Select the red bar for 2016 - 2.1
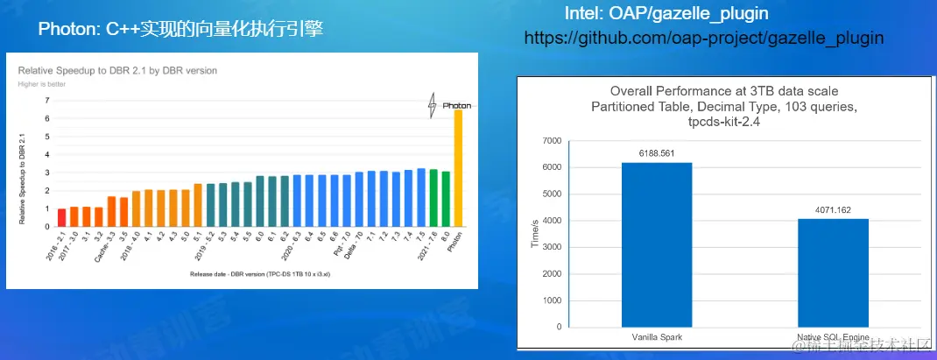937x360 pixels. [x=61, y=217]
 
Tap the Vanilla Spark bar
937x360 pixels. [x=657, y=244]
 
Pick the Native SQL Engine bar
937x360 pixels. [x=833, y=272]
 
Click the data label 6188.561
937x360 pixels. [x=657, y=153]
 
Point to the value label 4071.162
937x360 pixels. [x=833, y=210]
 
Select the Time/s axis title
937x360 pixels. [x=535, y=234]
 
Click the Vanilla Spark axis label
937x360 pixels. [x=657, y=336]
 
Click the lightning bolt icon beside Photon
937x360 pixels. [x=431, y=105]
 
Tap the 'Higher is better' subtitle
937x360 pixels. [x=42, y=84]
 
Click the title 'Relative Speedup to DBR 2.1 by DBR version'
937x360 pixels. [x=117, y=70]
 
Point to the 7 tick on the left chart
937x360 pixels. [x=46, y=100]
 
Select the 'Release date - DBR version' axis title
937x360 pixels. [x=264, y=274]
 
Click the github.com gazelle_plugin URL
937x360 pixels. [x=703, y=39]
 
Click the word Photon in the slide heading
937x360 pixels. [x=66, y=29]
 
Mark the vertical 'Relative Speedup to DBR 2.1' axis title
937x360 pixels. [x=22, y=179]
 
